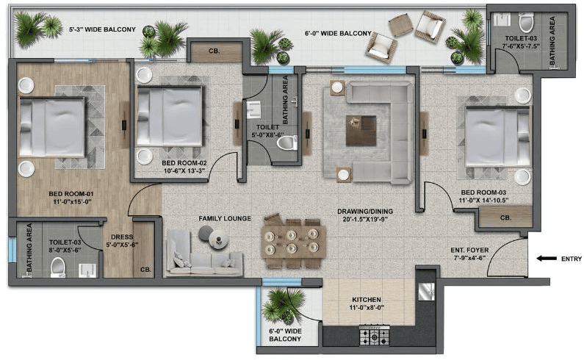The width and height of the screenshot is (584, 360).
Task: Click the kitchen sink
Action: click(x=427, y=292)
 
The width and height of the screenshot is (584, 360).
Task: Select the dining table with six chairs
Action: click(x=294, y=240)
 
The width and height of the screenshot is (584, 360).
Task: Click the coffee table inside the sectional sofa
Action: click(x=361, y=130)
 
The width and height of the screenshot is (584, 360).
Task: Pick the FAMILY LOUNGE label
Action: click(x=225, y=219)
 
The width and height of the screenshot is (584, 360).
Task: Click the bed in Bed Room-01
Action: click(x=51, y=127)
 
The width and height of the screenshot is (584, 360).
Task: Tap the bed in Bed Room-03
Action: click(x=497, y=137)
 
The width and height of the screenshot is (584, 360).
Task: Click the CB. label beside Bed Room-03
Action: click(x=506, y=218)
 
